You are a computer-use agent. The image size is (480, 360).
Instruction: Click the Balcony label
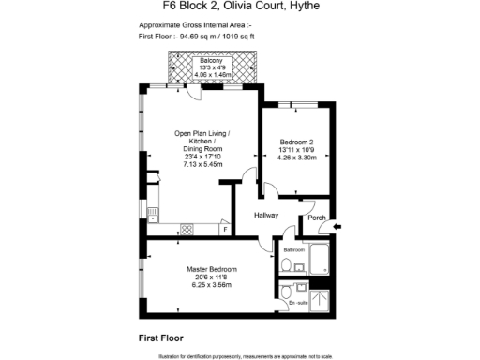coord(210,61)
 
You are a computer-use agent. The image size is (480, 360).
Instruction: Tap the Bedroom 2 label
coord(294,142)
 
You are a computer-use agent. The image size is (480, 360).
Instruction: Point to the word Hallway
coord(268,216)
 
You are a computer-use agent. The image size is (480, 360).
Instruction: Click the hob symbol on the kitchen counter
coord(186,229)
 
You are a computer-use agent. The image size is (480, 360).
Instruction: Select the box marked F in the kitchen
coord(225,229)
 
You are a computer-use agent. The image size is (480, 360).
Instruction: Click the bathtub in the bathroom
coord(318,259)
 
